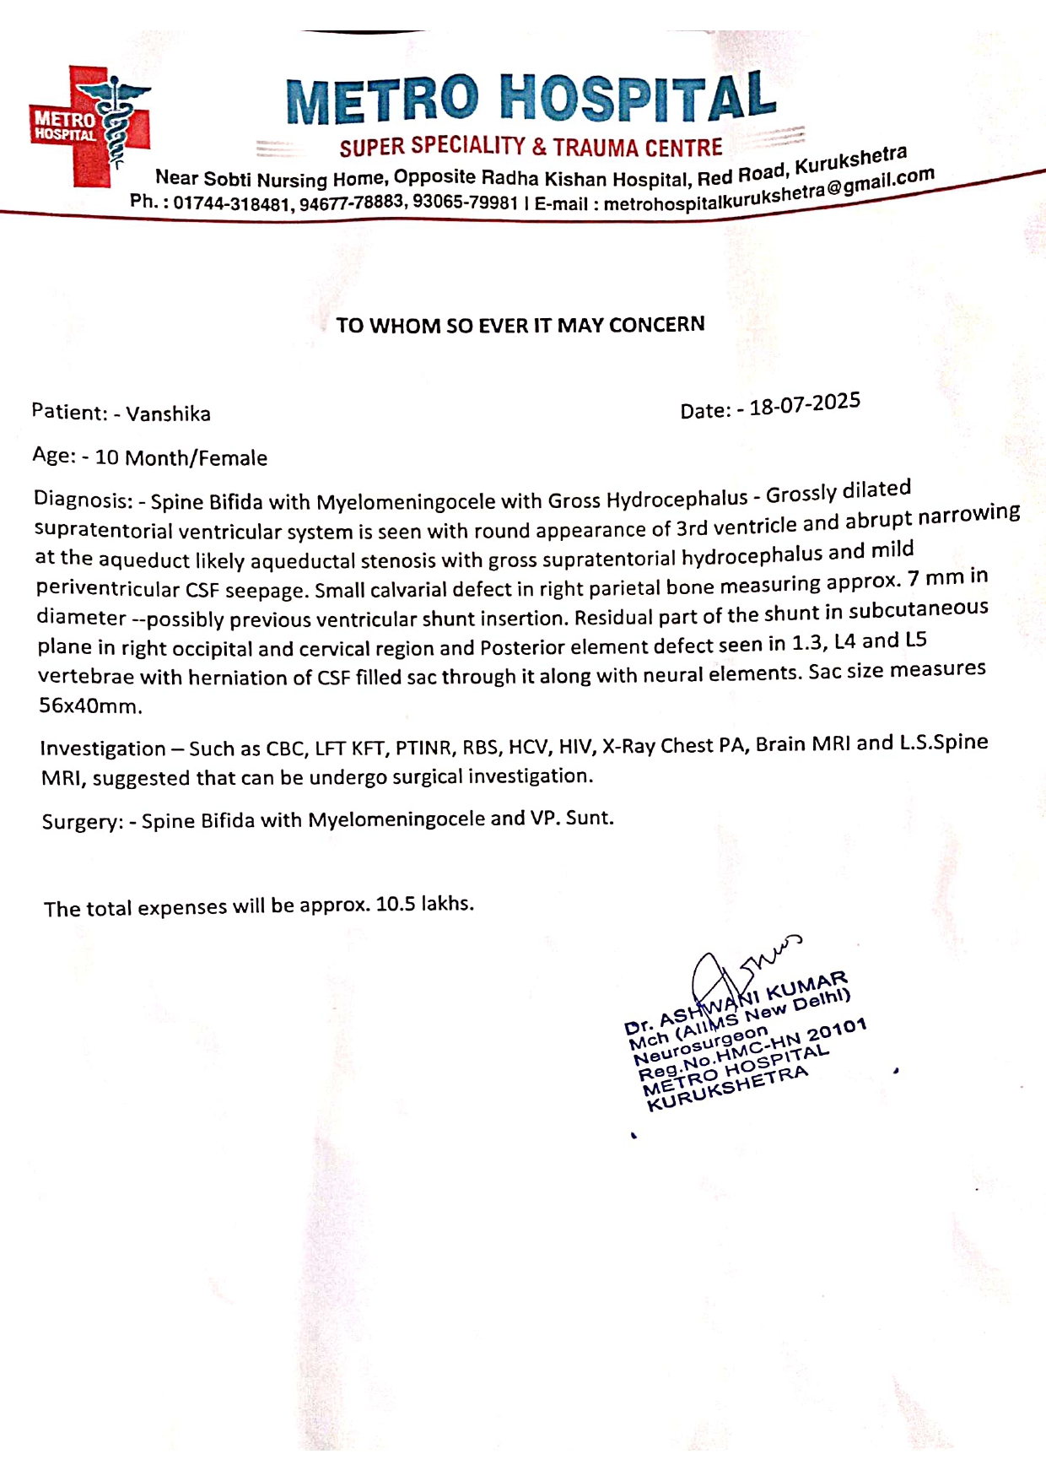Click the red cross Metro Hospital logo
pyautogui.click(x=90, y=125)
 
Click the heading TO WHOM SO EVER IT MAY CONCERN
pyautogui.click(x=520, y=325)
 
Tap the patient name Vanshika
pyautogui.click(x=168, y=413)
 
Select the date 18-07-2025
pyautogui.click(x=805, y=404)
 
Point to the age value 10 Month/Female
pyautogui.click(x=181, y=457)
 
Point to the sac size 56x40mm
pyautogui.click(x=90, y=705)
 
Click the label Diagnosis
pyautogui.click(x=83, y=500)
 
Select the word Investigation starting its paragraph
pyautogui.click(x=103, y=749)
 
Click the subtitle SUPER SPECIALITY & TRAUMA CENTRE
pyautogui.click(x=531, y=148)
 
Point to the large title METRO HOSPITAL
pyautogui.click(x=531, y=98)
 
